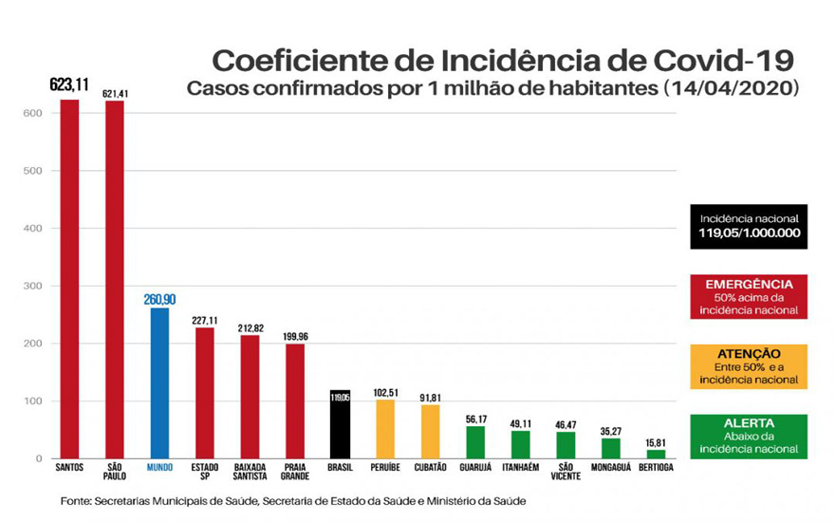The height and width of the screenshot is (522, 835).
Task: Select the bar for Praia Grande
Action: [x=295, y=401]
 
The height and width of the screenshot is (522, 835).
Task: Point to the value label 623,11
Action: [x=69, y=85]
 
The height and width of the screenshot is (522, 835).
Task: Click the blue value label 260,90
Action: [x=160, y=300]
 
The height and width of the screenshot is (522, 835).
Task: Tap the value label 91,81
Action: [x=430, y=398]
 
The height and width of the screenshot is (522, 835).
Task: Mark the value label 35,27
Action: [x=611, y=430]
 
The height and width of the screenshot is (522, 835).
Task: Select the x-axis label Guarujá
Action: [x=475, y=468]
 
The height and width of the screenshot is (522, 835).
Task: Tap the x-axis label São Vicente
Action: [x=566, y=473]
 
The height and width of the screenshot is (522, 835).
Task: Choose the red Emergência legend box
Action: [x=750, y=297]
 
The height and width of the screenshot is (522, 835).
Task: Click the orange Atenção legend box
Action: [x=750, y=366]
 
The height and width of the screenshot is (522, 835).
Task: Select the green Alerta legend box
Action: [x=750, y=436]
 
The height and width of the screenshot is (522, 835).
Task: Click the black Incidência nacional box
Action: [x=750, y=226]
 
